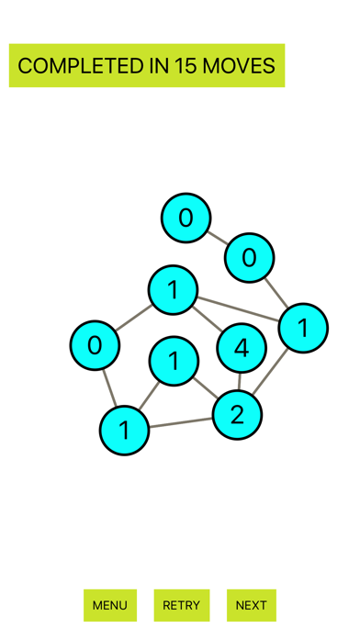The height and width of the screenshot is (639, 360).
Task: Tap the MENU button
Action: click(x=110, y=605)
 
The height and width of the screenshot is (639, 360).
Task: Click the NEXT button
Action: click(x=251, y=605)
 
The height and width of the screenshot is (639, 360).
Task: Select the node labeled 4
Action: click(x=242, y=348)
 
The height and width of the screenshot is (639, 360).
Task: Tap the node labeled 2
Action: click(x=237, y=415)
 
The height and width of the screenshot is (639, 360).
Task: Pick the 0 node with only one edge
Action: click(x=186, y=219)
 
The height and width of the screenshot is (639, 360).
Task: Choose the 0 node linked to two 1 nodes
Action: click(x=95, y=345)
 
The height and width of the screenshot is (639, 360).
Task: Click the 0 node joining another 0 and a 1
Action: click(x=249, y=258)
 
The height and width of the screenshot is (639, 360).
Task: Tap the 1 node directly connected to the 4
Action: click(x=173, y=290)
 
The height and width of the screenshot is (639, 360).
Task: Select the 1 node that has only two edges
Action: click(x=174, y=361)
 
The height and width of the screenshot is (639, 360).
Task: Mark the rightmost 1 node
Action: click(x=303, y=328)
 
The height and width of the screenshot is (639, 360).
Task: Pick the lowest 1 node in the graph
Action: click(x=124, y=430)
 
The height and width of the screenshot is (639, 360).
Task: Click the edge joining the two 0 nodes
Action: click(x=218, y=238)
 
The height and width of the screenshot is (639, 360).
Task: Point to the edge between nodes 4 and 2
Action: click(x=240, y=381)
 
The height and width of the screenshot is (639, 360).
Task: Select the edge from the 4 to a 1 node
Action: click(x=207, y=319)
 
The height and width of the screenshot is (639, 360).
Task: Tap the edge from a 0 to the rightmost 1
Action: click(x=275, y=291)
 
